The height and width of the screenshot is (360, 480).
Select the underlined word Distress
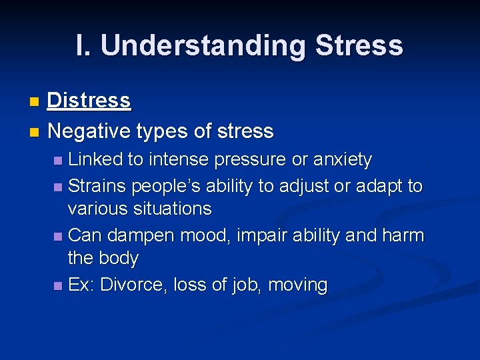point(89,101)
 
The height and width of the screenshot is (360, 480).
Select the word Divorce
point(133,285)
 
